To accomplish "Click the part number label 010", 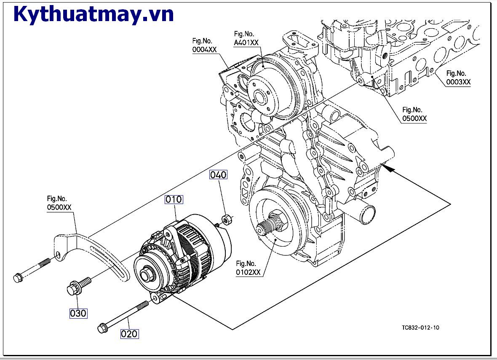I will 174,199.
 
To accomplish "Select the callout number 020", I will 129,334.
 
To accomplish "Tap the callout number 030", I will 78,313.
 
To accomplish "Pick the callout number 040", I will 219,175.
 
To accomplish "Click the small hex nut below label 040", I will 225,219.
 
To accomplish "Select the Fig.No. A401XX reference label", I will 246,38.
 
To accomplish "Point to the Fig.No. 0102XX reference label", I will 248,268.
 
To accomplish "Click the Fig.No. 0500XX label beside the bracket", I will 60,203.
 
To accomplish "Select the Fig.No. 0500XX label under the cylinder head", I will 414,114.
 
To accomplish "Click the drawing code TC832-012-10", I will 420,328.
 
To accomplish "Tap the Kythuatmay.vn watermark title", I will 94,14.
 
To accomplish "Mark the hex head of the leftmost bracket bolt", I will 18,278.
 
